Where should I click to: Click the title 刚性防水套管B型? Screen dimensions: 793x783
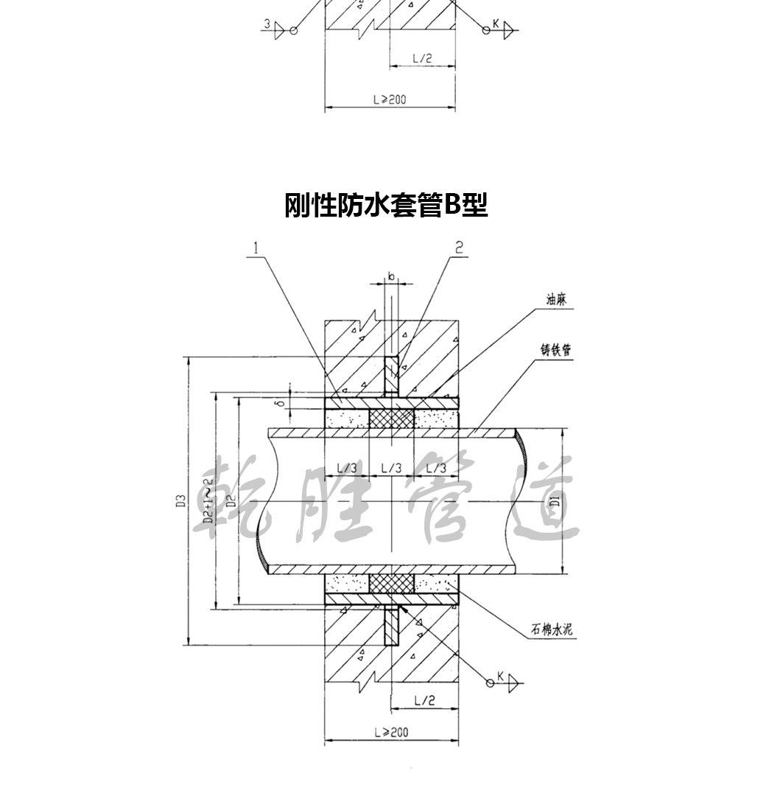[386, 205]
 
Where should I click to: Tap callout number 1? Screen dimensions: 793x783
[255, 248]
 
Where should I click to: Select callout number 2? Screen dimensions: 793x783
[459, 248]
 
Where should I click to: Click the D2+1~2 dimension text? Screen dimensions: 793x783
[208, 501]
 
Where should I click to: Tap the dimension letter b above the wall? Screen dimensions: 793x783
[391, 277]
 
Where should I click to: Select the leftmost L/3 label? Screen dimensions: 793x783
[347, 467]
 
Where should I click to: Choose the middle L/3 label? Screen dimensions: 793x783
[391, 467]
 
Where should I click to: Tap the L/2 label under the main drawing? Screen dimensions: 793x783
[423, 699]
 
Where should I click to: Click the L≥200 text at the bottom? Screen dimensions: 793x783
[390, 733]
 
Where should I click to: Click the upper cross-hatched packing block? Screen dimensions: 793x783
[391, 419]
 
